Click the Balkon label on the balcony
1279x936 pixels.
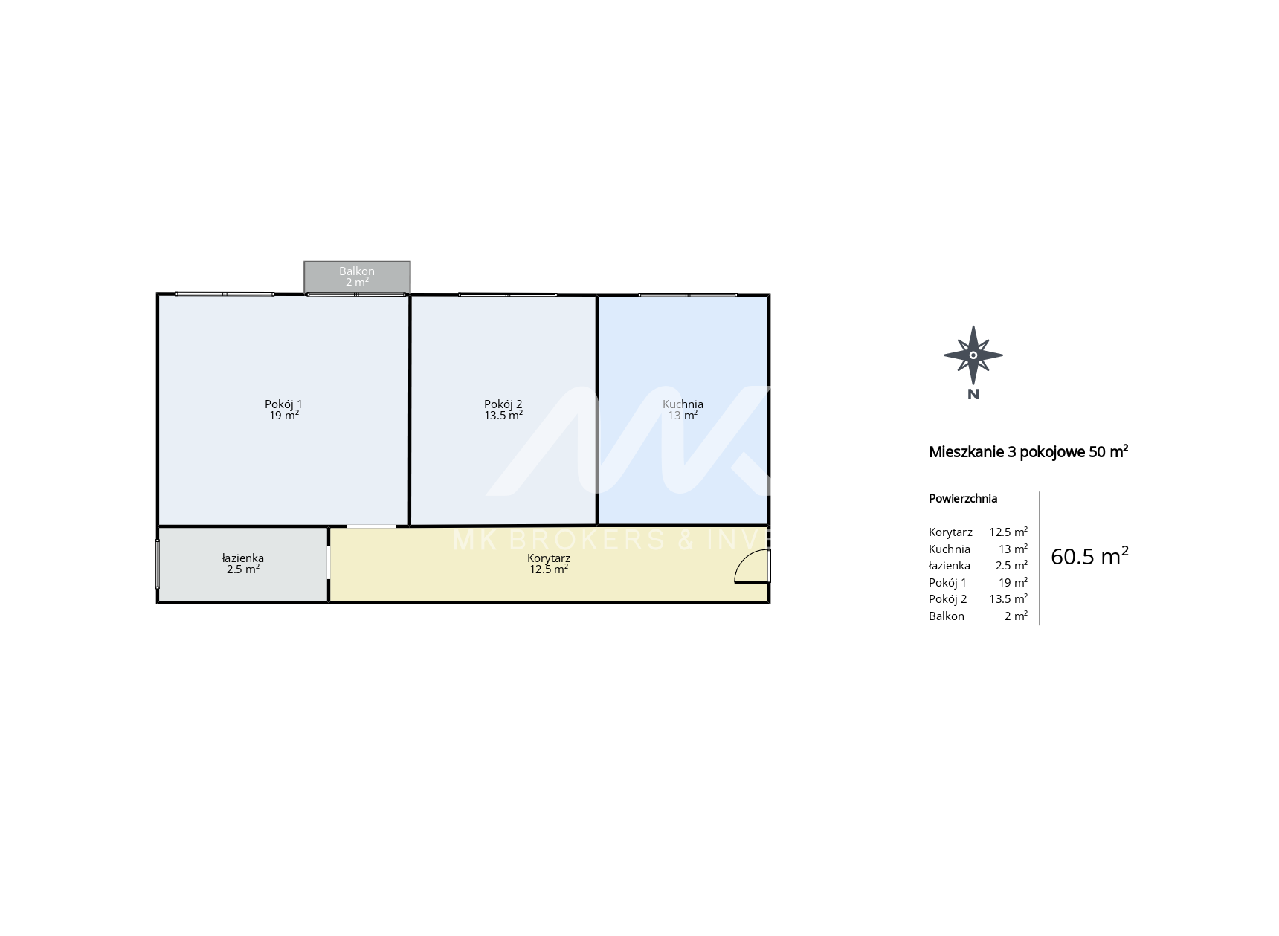tap(357, 271)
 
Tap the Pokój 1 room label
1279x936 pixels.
tap(283, 404)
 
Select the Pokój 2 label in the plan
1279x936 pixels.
tap(503, 404)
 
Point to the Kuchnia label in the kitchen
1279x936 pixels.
tap(683, 404)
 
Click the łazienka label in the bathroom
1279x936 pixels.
tap(243, 558)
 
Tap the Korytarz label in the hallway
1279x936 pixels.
tap(549, 558)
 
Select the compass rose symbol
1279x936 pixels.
tap(973, 355)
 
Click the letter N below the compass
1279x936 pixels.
tap(973, 395)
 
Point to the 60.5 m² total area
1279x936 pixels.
tap(1089, 556)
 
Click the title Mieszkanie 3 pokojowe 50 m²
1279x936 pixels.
tap(1028, 451)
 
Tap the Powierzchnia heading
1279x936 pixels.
tap(963, 499)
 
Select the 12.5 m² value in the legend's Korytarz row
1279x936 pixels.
tap(1008, 532)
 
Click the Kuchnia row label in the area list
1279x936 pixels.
tap(950, 549)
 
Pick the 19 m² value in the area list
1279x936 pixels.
tap(1013, 583)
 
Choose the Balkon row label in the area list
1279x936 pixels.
tap(947, 616)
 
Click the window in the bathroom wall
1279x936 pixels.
tap(158, 564)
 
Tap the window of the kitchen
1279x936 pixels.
tap(688, 295)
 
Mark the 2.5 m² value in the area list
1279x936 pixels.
tap(1011, 566)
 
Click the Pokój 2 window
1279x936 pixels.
tap(507, 295)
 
